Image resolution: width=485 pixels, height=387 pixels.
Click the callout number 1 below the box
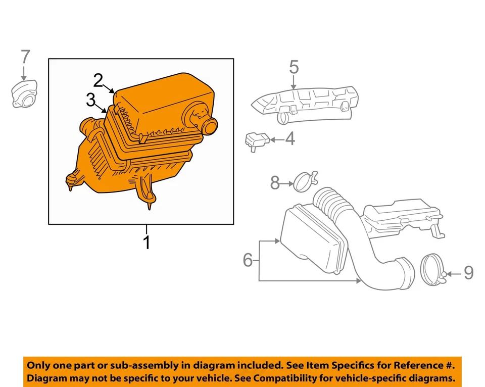coord(147,243)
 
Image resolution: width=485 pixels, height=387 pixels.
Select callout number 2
coord(98,80)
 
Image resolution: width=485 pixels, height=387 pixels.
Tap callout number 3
coord(90,100)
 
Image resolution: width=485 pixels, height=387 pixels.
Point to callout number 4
coord(289,139)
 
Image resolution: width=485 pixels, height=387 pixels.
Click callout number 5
coord(294,67)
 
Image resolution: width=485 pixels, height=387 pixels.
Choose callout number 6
coord(248,260)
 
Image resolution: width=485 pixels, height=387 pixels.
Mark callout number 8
coord(275,183)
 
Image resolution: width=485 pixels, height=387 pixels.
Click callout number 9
coord(468,273)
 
